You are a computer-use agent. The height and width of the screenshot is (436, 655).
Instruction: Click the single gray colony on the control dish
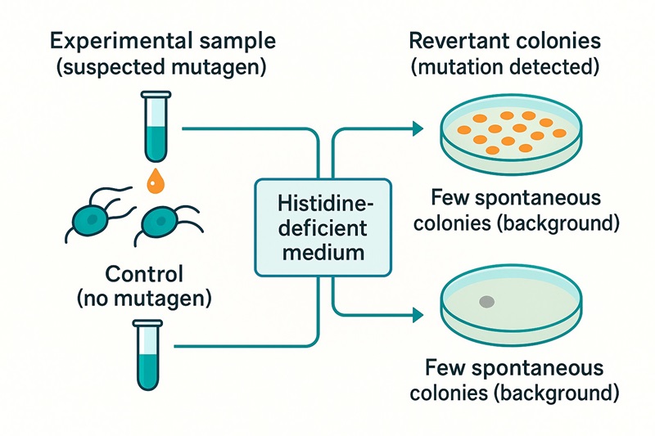(486, 302)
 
